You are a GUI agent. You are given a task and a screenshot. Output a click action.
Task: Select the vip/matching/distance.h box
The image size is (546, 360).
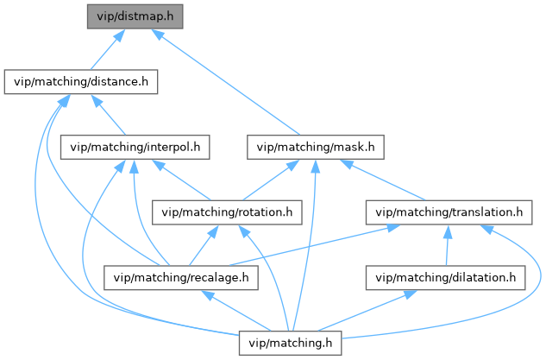click(x=81, y=83)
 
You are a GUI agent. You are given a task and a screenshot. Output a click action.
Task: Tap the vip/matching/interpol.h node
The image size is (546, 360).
click(x=135, y=147)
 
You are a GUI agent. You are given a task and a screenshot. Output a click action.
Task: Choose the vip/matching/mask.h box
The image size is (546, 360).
click(x=315, y=147)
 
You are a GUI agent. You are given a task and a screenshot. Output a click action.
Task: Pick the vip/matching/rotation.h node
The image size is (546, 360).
click(x=228, y=212)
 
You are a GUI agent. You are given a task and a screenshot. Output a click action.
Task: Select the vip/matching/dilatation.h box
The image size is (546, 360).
click(x=445, y=277)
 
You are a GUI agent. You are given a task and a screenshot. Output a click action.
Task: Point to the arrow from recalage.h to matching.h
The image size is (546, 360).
click(x=236, y=309)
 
